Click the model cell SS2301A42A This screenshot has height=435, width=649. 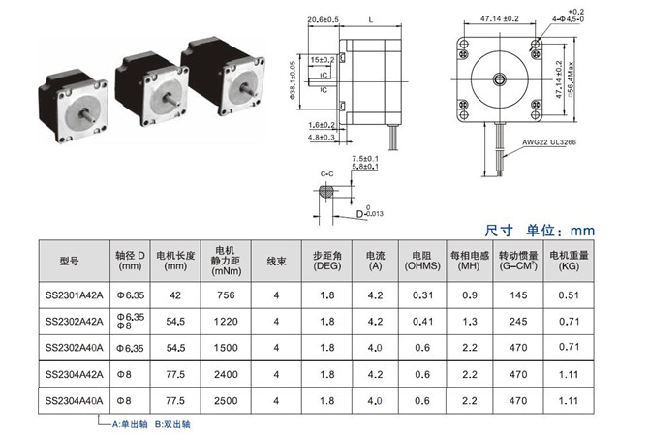click(74, 295)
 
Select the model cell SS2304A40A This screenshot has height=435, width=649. click(74, 399)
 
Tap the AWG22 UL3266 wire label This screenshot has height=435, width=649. click(560, 141)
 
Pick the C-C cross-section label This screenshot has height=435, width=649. click(328, 171)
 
